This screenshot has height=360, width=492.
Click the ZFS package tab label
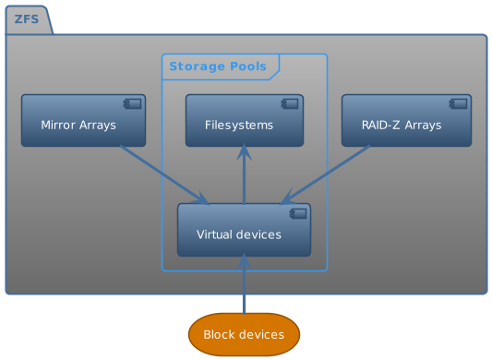[x=26, y=19]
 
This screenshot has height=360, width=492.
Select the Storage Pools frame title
[x=220, y=66]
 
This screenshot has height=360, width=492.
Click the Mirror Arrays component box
[x=83, y=120]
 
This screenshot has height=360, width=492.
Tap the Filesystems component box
[x=244, y=120]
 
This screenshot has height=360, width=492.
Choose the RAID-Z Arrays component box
[x=406, y=120]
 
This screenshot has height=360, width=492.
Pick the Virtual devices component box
[x=244, y=230]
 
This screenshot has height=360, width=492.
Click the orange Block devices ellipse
[x=244, y=334]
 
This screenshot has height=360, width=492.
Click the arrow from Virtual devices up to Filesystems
[x=244, y=175]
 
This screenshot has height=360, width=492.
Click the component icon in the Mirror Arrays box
[x=132, y=103]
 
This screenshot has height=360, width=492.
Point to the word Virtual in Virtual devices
[x=216, y=235]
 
